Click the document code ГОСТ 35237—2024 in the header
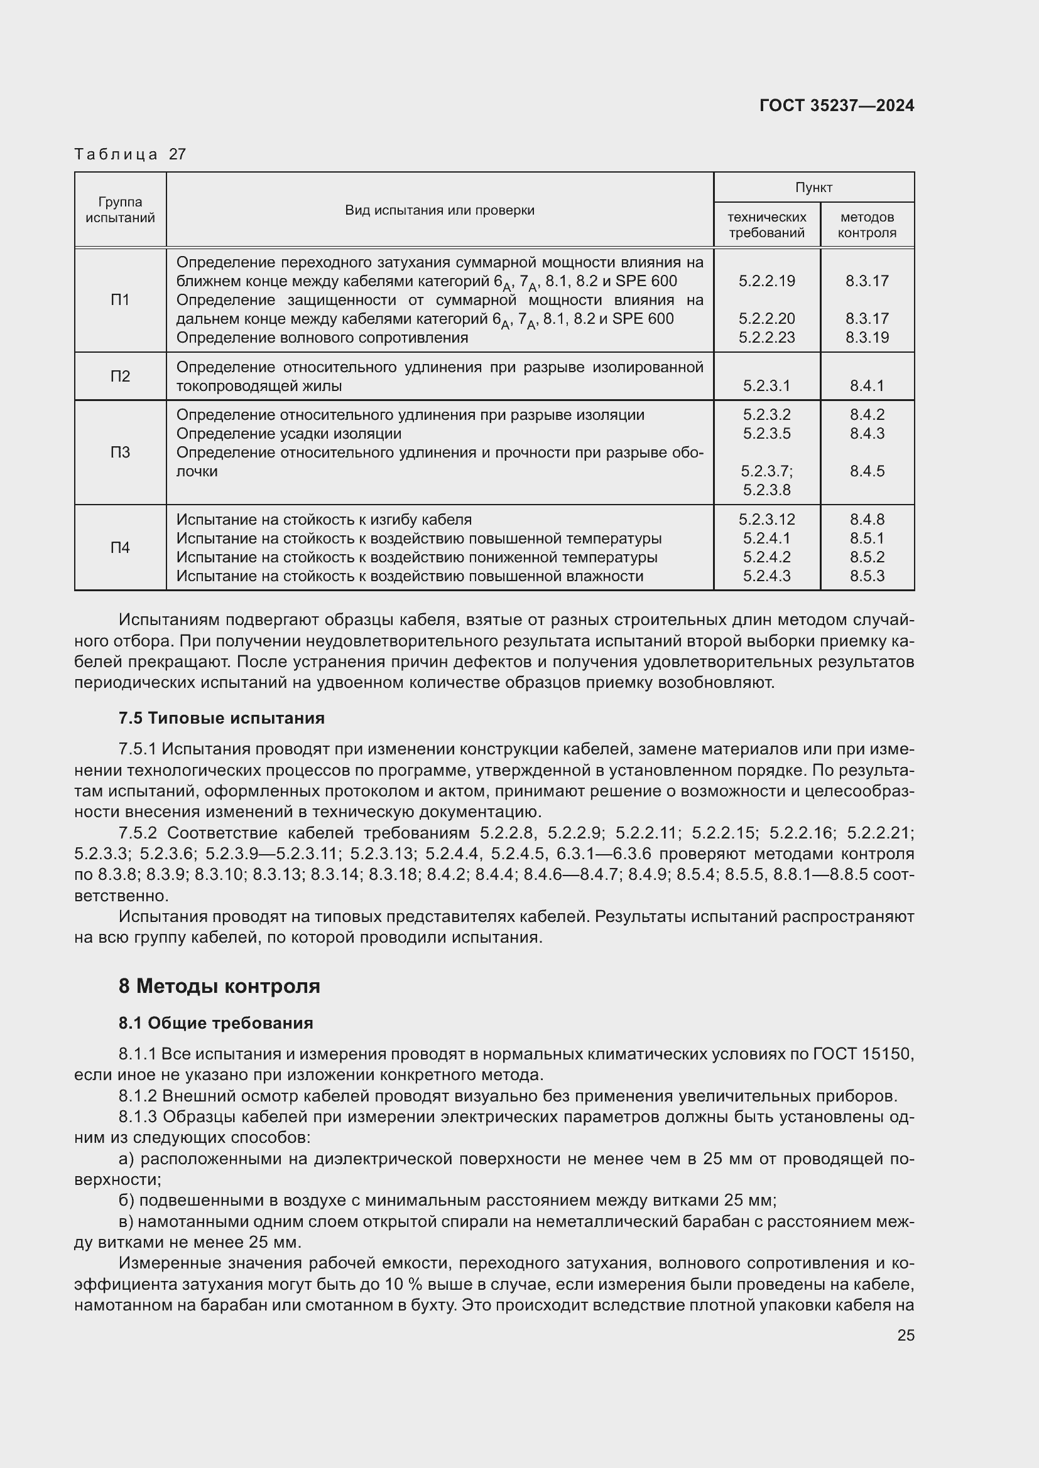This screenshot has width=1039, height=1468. (836, 105)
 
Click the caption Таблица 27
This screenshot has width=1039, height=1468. (130, 154)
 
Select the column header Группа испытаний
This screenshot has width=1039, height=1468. (120, 210)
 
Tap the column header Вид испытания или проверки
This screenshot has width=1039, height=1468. (440, 210)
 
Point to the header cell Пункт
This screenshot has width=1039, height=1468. (813, 187)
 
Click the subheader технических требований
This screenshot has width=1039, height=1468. (766, 225)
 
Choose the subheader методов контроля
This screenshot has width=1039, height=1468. (867, 225)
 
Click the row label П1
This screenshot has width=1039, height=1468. (120, 300)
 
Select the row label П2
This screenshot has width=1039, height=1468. (120, 376)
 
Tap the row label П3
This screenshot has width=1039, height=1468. (120, 453)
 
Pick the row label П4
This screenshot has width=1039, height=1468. (120, 547)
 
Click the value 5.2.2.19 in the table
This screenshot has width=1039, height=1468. (766, 281)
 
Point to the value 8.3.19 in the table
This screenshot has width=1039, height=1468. (867, 338)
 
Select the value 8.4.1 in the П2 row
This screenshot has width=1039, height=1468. (867, 385)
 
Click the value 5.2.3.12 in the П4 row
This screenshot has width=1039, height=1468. (766, 519)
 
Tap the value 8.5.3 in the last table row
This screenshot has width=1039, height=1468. (867, 576)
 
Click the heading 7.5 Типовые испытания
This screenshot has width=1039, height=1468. (221, 718)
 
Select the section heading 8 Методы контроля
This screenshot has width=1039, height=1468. (219, 987)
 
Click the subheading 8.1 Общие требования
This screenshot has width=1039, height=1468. (215, 1023)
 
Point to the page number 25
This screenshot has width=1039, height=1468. (905, 1335)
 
